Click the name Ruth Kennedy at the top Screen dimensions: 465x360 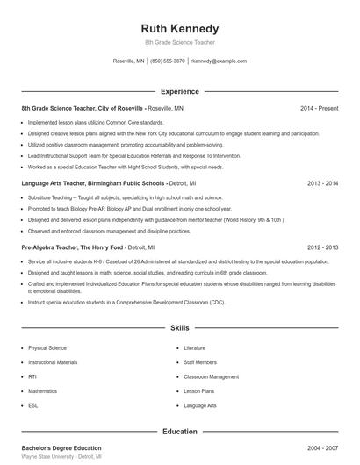179,28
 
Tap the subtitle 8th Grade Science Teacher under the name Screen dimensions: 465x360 179,42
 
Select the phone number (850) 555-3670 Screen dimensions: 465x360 168,61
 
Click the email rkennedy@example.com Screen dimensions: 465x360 219,61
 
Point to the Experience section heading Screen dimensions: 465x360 179,91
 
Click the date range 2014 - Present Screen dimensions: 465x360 319,108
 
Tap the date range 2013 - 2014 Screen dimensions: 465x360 323,184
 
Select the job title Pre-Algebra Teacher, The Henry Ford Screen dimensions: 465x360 72,248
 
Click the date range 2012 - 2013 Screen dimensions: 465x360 323,248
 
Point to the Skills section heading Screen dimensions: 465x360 179,328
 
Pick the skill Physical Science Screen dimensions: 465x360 47,348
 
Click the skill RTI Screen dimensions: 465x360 32,376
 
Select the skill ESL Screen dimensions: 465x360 33,405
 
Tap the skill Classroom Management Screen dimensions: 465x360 212,376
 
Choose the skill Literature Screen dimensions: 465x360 195,348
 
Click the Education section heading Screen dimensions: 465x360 179,432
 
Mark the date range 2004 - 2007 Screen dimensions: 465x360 323,448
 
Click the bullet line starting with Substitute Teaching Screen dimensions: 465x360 131,198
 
